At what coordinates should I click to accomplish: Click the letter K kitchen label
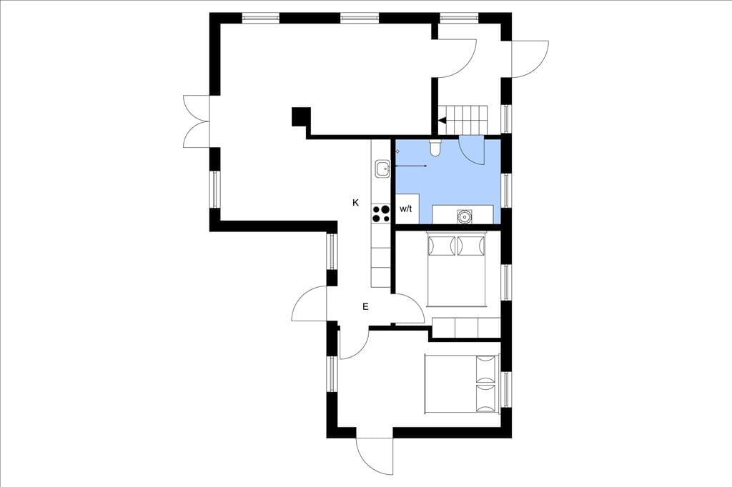click(356, 203)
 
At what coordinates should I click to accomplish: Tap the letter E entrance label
click(365, 306)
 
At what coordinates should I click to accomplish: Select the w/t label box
click(407, 209)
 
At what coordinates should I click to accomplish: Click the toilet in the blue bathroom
click(435, 147)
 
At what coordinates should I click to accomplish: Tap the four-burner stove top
click(381, 214)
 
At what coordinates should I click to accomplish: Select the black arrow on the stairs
click(442, 121)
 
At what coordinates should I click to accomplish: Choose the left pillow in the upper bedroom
click(441, 246)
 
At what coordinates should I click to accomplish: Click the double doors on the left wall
click(197, 121)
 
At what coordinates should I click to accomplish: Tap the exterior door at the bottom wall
click(375, 456)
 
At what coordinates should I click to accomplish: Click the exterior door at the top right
click(530, 59)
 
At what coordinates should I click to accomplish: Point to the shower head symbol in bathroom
click(397, 151)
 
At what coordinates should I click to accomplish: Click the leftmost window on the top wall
click(261, 18)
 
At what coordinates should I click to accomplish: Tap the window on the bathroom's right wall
click(506, 191)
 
